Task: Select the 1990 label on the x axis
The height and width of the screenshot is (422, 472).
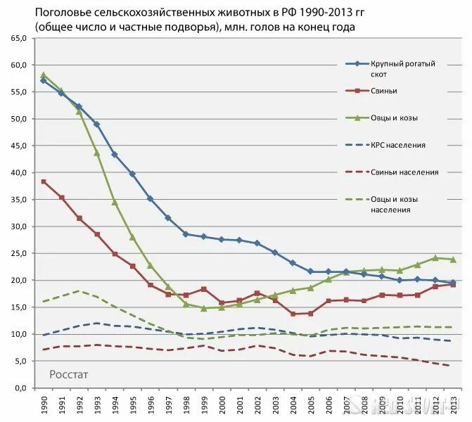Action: tap(44, 405)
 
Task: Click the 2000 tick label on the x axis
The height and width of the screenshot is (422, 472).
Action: tap(222, 405)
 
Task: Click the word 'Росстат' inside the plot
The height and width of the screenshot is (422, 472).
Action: tap(68, 374)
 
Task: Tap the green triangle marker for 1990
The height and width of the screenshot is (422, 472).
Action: tap(44, 75)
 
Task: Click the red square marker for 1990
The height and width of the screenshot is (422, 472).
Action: tap(44, 181)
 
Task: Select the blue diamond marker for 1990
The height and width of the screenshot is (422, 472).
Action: tap(44, 81)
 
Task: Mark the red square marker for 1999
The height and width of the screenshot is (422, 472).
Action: tap(204, 289)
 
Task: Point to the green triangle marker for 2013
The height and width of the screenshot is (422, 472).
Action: tap(452, 260)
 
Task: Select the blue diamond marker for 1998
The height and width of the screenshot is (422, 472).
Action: tap(186, 234)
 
